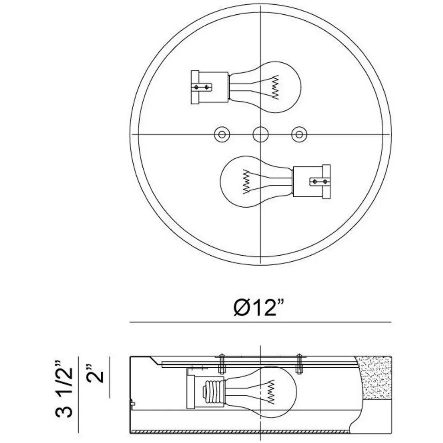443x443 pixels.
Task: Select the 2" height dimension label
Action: [95, 373]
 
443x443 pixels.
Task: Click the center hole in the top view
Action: [260, 134]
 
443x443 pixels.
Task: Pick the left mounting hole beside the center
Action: [222, 134]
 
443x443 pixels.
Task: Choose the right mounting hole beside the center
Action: [299, 134]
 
